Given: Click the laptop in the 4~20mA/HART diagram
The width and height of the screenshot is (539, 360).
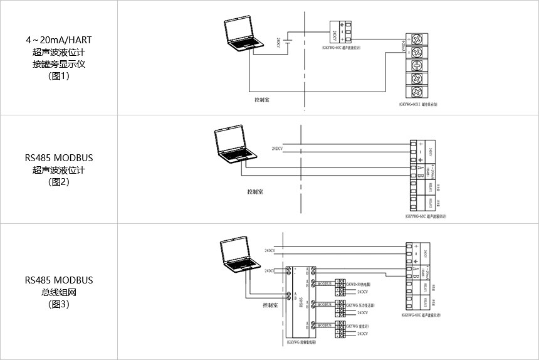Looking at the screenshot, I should tap(241, 34).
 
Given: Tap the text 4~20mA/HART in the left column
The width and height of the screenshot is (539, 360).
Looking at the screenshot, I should tap(58, 40).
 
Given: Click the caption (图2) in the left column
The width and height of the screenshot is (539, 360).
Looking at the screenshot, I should tap(58, 183).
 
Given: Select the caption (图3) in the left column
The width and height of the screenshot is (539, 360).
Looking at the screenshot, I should tap(58, 304).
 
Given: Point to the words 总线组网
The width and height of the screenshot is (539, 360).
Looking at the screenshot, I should tap(58, 292).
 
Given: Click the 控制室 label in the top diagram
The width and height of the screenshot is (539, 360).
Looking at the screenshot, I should tap(262, 99).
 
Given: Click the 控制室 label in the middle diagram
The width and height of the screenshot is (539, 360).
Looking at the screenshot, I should tap(255, 191).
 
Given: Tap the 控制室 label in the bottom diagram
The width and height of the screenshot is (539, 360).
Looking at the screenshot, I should tap(270, 307).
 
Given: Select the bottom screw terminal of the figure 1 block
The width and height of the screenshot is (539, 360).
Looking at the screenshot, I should tap(415, 93).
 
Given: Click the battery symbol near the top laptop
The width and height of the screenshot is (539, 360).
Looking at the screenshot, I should tap(286, 42).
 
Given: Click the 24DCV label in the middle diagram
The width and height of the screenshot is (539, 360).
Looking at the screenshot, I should tap(277, 149).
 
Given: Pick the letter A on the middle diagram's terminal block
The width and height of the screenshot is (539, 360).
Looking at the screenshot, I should tap(414, 167).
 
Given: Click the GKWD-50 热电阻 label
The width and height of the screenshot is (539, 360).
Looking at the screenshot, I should tap(359, 284).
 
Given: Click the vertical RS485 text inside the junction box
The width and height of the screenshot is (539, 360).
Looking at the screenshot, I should tap(301, 301).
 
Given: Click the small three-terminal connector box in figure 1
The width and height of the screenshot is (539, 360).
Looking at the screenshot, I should tap(338, 30).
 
